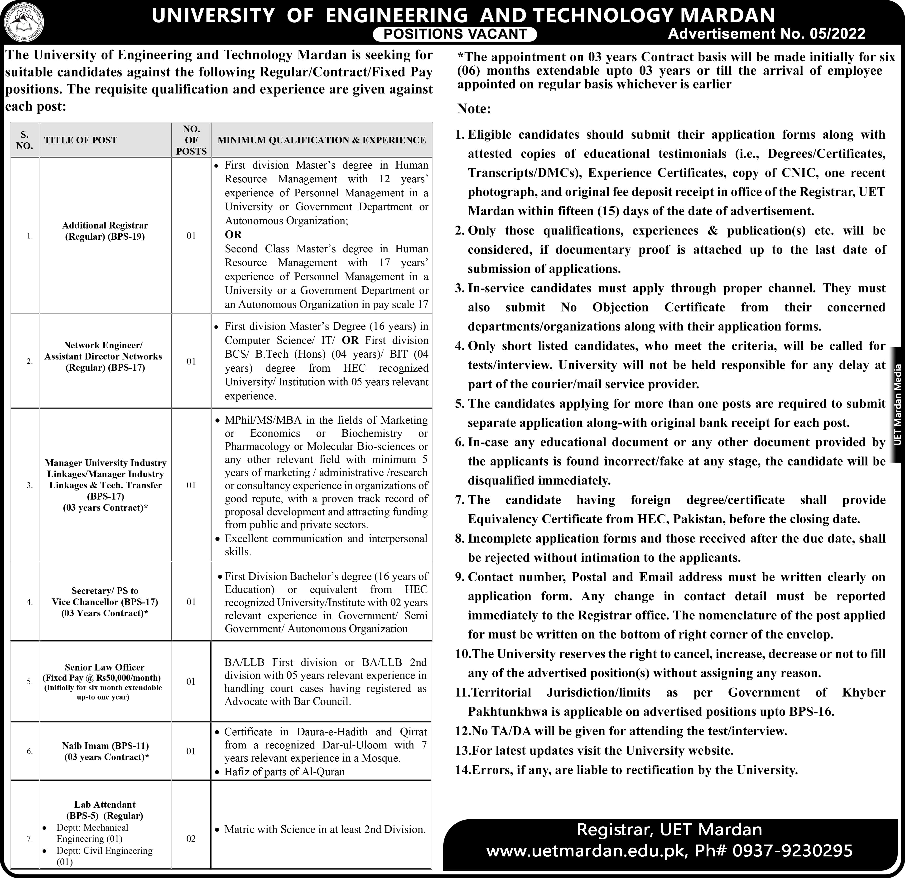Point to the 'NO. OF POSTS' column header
pyautogui.click(x=191, y=140)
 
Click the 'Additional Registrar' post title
pyautogui.click(x=105, y=225)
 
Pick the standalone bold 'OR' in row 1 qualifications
pyautogui.click(x=233, y=235)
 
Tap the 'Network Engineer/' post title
pyautogui.click(x=103, y=345)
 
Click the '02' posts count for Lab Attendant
pyautogui.click(x=191, y=839)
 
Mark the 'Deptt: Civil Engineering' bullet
pyautogui.click(x=104, y=851)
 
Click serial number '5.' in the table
pyautogui.click(x=29, y=682)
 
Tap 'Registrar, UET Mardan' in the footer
pyautogui.click(x=669, y=830)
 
